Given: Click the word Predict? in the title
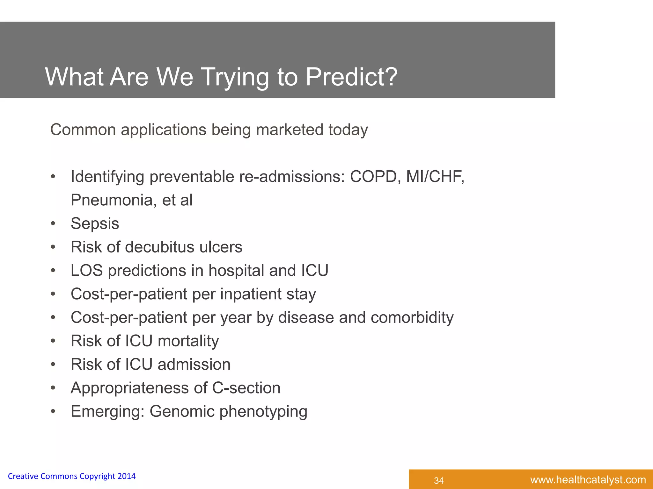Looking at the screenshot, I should coord(351,77).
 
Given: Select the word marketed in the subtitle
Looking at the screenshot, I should coord(290,130).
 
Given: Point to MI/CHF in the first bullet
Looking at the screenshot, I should coord(435,177).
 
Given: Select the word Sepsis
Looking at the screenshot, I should coord(95,223).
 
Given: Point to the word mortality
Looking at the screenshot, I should coord(188,341).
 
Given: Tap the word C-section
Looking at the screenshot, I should coord(246,388).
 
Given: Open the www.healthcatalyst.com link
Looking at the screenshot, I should coord(588,480).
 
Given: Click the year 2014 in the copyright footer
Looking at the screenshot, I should coord(127,476).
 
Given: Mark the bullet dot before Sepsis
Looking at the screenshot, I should coord(53,224).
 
